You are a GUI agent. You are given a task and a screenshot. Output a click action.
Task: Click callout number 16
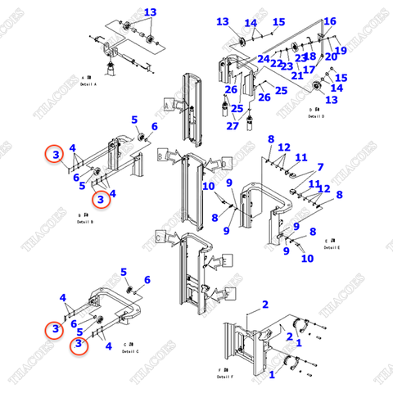[x=330, y=21]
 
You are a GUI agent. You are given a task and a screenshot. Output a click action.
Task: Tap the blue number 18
[x=310, y=56]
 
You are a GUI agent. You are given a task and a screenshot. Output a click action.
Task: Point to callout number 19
[x=341, y=51]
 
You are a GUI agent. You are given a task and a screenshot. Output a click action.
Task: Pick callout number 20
[x=331, y=57]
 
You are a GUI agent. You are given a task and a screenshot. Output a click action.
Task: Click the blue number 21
[x=297, y=76]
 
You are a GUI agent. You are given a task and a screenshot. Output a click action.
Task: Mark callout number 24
[x=263, y=59]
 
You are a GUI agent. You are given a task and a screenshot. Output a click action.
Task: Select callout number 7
[x=320, y=166]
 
